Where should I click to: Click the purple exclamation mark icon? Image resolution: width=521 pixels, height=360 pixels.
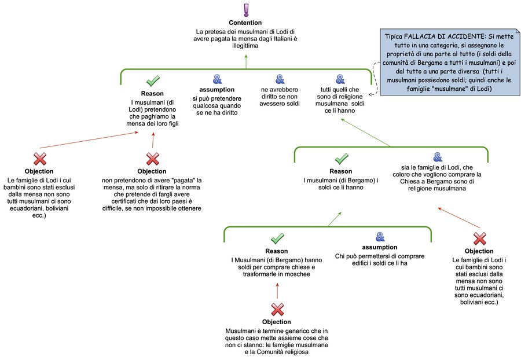pyautogui.click(x=246, y=10)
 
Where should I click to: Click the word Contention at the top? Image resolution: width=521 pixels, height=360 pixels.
pyautogui.click(x=246, y=22)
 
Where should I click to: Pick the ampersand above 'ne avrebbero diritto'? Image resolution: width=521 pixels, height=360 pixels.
pyautogui.click(x=280, y=79)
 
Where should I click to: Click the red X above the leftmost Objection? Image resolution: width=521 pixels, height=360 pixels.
pyautogui.click(x=39, y=159)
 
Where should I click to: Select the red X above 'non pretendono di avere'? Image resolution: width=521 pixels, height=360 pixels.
pyautogui.click(x=152, y=159)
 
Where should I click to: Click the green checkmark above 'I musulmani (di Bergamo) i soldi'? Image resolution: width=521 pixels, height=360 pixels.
pyautogui.click(x=342, y=159)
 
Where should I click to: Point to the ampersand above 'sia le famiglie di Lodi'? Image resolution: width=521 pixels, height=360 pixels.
pyautogui.click(x=438, y=157)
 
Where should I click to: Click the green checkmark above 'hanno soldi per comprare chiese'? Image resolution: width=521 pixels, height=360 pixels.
pyautogui.click(x=277, y=238)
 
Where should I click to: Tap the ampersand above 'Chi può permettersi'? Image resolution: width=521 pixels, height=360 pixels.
pyautogui.click(x=380, y=236)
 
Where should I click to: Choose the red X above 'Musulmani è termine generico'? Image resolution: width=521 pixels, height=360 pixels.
pyautogui.click(x=277, y=308)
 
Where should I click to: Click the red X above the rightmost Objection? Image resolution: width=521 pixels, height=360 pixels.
pyautogui.click(x=479, y=238)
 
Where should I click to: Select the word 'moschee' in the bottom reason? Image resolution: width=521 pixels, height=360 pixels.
pyautogui.click(x=296, y=274)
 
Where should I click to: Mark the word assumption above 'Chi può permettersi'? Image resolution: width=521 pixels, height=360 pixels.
pyautogui.click(x=380, y=247)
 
